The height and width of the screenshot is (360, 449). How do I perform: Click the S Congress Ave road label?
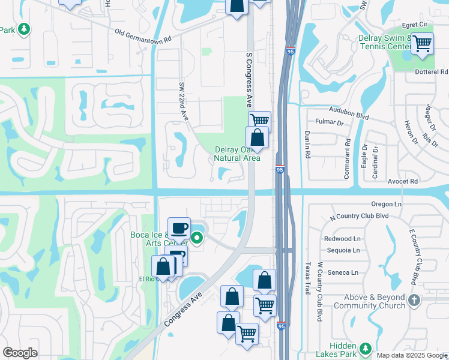(249, 79)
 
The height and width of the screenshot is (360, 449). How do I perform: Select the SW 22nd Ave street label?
(183, 101)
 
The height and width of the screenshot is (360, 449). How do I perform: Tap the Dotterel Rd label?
(432, 72)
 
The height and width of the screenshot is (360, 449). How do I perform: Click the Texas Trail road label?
(308, 278)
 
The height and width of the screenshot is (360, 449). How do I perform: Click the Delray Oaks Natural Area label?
(237, 154)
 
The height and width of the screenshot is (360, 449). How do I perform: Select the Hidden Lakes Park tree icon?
(366, 348)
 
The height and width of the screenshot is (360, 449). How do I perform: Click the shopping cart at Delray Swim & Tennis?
(423, 43)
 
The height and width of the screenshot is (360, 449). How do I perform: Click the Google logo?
(20, 353)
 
